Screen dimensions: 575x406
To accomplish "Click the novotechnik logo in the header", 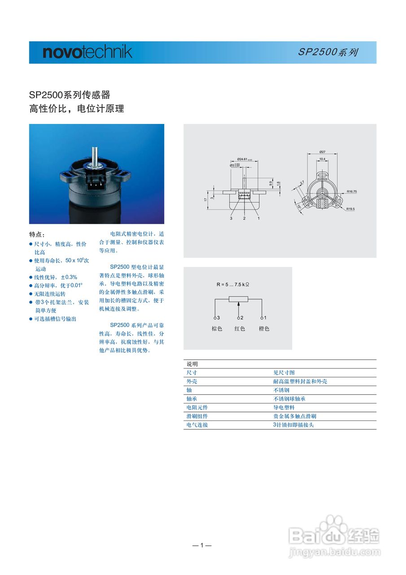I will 87,52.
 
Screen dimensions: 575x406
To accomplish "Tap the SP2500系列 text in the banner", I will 328,52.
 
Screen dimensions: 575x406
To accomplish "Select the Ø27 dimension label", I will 322,152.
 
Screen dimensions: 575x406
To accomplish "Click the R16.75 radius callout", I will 352,191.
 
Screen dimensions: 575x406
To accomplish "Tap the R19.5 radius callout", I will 351,209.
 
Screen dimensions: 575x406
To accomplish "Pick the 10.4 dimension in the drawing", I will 322,159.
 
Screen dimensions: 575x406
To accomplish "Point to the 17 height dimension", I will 205,199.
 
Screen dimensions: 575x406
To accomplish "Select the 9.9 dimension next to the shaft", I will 271,183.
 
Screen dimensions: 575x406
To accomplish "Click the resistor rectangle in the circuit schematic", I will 238,299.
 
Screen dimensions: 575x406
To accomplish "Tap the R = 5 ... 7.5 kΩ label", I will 233,284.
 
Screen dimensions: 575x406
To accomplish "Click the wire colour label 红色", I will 240,329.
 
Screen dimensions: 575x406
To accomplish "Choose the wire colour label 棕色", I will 217,329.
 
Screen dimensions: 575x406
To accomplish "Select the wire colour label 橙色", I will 264,329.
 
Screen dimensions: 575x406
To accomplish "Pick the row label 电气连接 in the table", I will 197,425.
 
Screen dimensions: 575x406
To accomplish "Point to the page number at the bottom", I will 202,545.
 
